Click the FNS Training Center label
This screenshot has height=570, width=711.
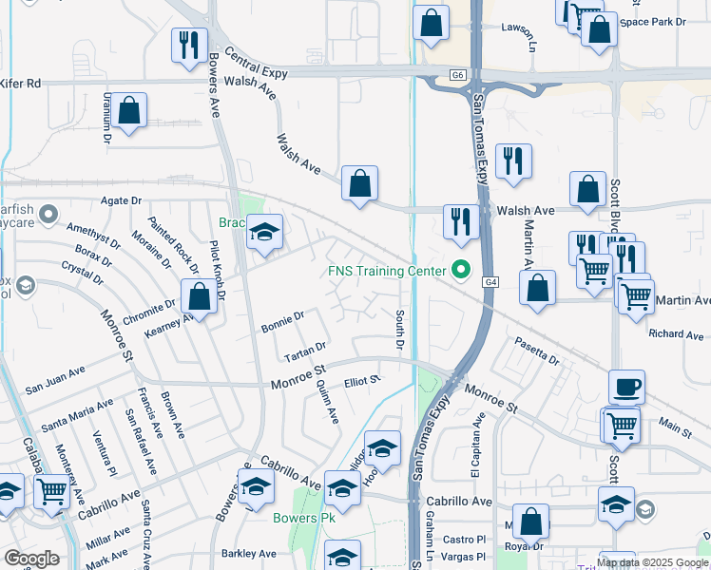(387, 271)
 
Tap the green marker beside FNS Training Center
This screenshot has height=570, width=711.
(462, 271)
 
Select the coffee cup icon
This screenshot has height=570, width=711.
(626, 388)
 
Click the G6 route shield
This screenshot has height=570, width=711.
(458, 74)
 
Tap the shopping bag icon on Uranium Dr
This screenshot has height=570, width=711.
(129, 111)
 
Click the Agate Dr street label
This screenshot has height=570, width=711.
(121, 201)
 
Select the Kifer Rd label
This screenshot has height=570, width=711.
(21, 84)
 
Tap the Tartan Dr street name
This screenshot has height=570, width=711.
(305, 351)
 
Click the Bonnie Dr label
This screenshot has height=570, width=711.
(281, 322)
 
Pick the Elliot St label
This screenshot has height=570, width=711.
(362, 380)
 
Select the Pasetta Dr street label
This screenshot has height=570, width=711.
(537, 351)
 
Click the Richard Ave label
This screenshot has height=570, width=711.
(676, 334)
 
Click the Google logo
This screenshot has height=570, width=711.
(32, 559)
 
